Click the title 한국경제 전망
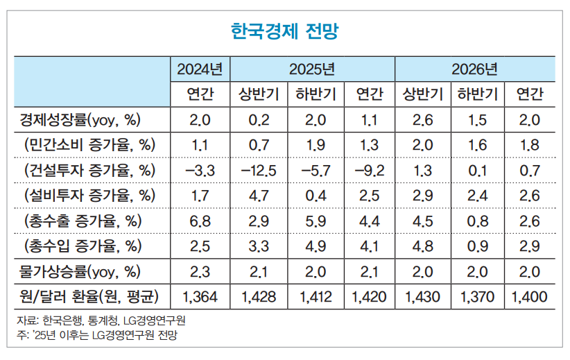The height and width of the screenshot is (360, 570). tap(284, 31)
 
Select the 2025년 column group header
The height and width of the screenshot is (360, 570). tap(312, 69)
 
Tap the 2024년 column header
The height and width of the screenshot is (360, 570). tap(200, 69)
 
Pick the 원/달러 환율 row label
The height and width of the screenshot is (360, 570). tap(90, 297)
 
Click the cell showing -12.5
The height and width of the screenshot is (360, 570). tap(259, 171)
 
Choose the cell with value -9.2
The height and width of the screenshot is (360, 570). tap(369, 171)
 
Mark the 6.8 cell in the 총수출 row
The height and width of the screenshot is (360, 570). tap(200, 221)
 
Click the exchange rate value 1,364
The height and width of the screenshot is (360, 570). tap(200, 297)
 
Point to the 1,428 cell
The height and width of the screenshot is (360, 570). tap(259, 297)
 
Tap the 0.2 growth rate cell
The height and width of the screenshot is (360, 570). tap(259, 120)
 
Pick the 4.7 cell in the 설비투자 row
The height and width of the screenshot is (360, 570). tap(259, 196)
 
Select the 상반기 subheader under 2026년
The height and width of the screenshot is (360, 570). tap(422, 94)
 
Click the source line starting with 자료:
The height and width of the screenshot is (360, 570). tap(101, 321)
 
